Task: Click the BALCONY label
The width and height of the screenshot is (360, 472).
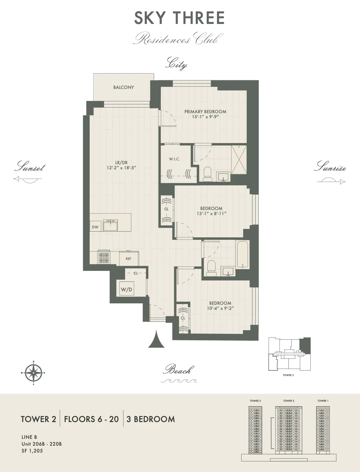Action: point(124,87)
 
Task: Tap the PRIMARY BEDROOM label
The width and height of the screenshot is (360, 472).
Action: point(205,112)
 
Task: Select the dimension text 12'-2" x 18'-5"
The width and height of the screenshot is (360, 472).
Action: point(121,168)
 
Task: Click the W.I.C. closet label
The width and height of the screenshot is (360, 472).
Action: point(174,159)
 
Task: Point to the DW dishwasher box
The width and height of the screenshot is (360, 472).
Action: point(95,227)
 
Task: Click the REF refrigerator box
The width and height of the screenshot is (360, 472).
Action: point(128,259)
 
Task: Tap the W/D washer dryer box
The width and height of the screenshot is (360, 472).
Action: point(126,290)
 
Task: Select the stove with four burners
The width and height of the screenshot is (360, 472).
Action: point(104,257)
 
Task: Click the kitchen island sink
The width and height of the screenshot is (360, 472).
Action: point(110,225)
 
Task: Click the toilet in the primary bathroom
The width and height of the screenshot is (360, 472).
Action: point(208,174)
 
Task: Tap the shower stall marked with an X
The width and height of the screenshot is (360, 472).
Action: point(239,160)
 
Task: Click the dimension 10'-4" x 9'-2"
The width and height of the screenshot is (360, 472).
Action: point(220,308)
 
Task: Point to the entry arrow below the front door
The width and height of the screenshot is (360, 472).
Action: point(156,340)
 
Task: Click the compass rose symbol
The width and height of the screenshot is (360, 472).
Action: point(33,373)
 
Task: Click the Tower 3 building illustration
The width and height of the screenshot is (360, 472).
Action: point(255,430)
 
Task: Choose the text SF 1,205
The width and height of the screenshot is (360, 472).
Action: point(32,451)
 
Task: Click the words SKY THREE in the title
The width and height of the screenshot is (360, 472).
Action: point(179,18)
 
